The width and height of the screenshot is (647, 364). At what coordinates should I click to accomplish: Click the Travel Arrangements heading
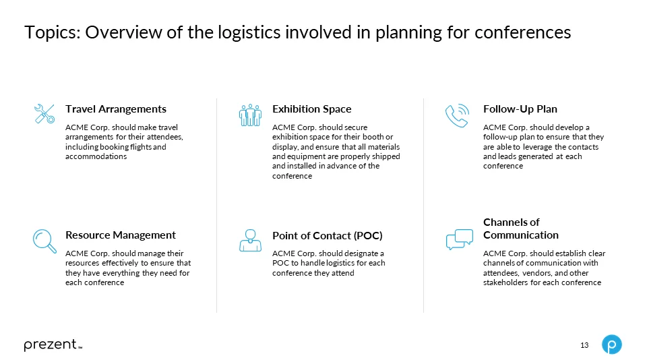click(x=115, y=109)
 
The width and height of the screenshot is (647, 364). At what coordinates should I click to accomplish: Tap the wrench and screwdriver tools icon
click(x=44, y=114)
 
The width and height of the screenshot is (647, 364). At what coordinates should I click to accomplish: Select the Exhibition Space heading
click(x=311, y=109)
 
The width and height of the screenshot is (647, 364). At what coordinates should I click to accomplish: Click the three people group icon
click(x=250, y=115)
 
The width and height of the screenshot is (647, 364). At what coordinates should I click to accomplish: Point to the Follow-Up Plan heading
click(x=520, y=109)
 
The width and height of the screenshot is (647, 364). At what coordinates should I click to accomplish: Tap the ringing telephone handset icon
click(x=457, y=115)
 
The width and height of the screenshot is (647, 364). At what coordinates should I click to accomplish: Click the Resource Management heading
click(x=120, y=235)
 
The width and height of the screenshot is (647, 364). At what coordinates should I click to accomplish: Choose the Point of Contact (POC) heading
click(x=327, y=235)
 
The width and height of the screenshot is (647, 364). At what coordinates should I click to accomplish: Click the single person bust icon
click(x=250, y=240)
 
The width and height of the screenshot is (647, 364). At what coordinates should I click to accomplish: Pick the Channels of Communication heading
click(x=520, y=229)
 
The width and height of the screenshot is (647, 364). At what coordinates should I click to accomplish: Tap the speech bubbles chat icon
click(x=460, y=239)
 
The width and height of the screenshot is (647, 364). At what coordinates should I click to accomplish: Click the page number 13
click(x=584, y=345)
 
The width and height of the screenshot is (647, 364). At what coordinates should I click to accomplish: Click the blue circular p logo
click(x=611, y=344)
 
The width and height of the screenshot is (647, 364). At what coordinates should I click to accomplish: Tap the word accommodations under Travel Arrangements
click(x=96, y=156)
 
